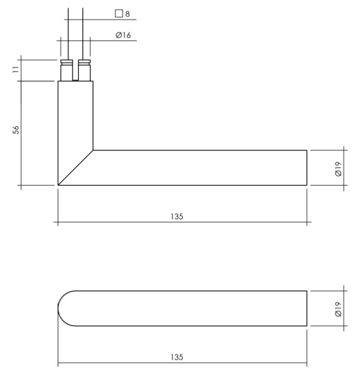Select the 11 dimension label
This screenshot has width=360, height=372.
(x=16, y=70)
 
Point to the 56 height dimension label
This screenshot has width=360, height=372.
(x=16, y=130)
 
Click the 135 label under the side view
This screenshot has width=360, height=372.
(x=177, y=217)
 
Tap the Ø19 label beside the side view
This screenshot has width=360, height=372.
(x=339, y=168)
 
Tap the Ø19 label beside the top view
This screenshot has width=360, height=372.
(x=339, y=308)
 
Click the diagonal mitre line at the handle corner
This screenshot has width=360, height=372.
(x=75, y=168)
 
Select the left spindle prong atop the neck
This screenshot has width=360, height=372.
(x=66, y=70)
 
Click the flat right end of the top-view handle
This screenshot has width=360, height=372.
(x=307, y=308)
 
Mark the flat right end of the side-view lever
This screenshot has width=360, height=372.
(x=307, y=168)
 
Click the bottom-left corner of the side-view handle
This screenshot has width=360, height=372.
(x=58, y=185)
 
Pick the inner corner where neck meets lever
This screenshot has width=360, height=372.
(x=93, y=150)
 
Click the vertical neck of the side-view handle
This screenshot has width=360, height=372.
(x=75, y=115)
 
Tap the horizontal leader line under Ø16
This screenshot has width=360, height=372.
(x=110, y=40)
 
